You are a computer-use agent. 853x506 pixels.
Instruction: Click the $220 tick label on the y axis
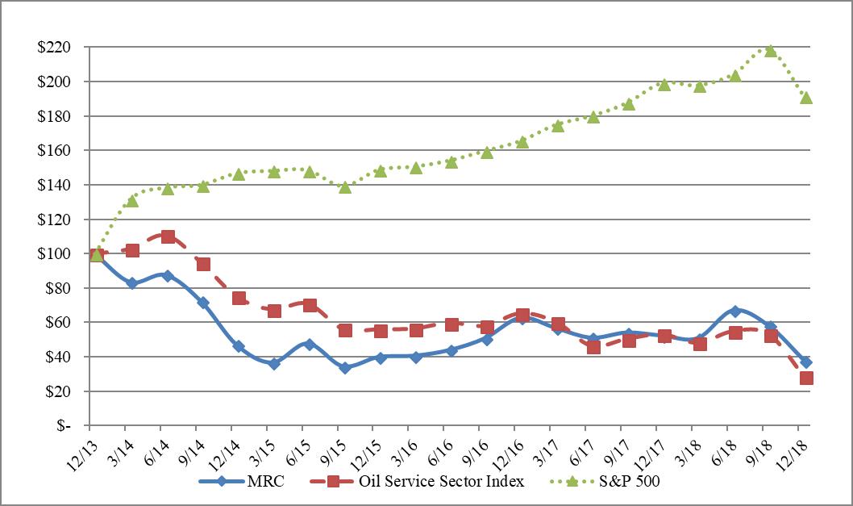point(53,48)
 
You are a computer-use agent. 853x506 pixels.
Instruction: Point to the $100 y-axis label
point(53,254)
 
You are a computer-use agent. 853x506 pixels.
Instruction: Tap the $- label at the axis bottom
point(60,426)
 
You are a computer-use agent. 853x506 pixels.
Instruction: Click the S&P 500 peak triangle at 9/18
point(770,51)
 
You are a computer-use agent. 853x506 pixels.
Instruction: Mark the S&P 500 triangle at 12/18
point(805,98)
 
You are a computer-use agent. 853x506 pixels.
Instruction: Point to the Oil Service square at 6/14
point(168,236)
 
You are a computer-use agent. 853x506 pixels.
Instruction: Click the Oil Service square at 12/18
point(805,378)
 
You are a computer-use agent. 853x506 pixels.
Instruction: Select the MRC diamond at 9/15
point(345,367)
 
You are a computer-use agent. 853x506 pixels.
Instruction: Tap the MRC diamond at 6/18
point(734,311)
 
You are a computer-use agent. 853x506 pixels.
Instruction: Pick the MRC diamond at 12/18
point(805,362)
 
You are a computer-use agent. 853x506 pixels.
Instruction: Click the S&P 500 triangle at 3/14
point(132,201)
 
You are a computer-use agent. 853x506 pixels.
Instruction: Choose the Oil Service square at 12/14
point(239,298)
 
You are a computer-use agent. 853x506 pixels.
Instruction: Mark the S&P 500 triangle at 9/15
point(345,187)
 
